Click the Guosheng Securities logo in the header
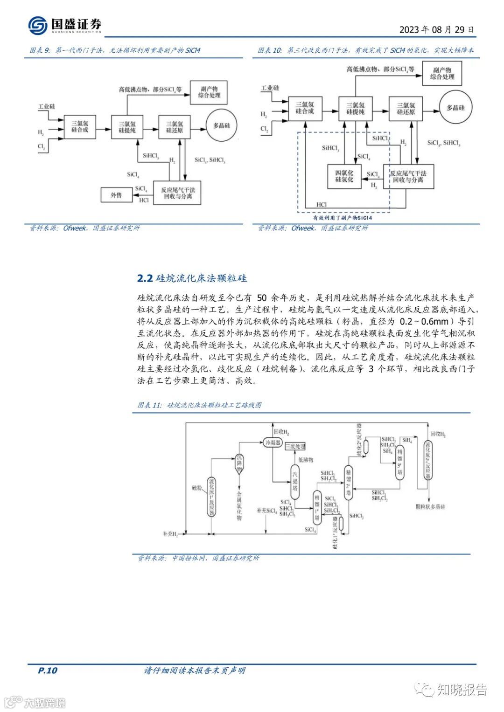click(64, 25)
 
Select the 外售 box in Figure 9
click(116, 195)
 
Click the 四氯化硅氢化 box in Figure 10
click(344, 176)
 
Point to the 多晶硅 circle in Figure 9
click(221, 125)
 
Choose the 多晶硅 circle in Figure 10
click(455, 108)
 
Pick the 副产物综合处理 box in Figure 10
click(442, 73)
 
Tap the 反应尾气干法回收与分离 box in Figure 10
click(408, 176)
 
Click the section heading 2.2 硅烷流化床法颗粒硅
click(192, 278)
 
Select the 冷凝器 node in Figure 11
click(273, 442)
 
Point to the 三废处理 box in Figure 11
click(295, 446)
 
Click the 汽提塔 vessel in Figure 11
click(295, 482)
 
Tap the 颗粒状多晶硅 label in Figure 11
click(430, 506)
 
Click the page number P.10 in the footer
click(47, 671)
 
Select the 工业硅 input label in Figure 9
click(47, 106)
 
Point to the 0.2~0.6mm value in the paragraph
click(424, 321)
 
